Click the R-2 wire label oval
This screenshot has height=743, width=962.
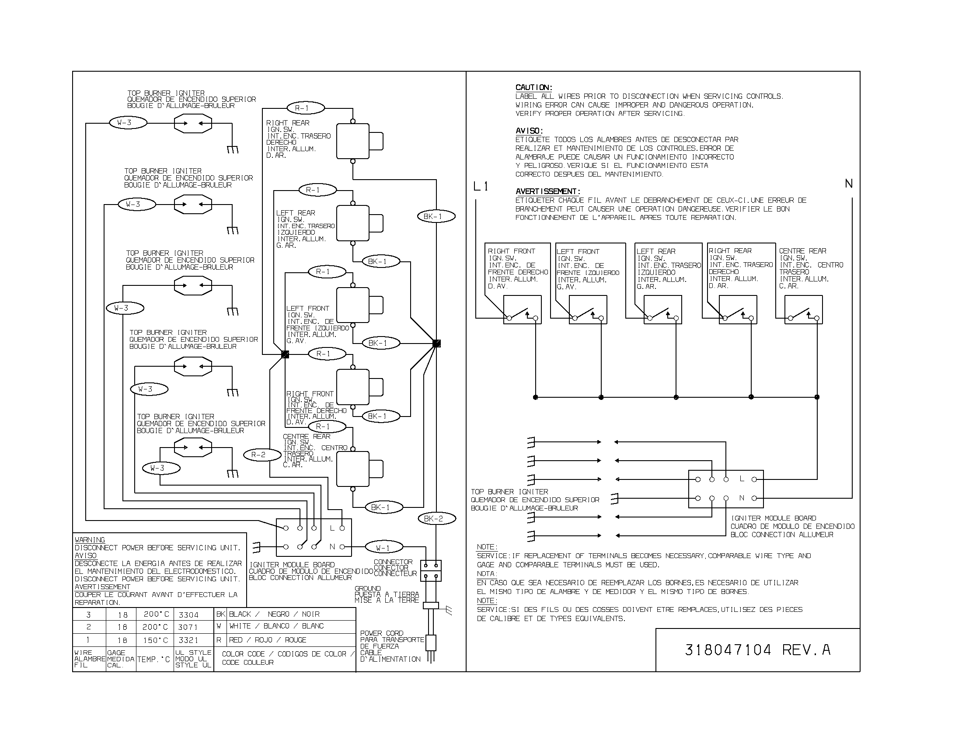click(262, 455)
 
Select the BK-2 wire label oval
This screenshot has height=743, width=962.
click(436, 518)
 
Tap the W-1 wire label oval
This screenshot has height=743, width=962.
click(383, 548)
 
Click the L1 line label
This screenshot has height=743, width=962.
click(481, 187)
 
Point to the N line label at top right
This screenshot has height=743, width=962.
click(849, 184)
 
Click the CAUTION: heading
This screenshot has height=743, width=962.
click(534, 87)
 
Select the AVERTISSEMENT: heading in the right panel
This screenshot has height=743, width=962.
click(548, 191)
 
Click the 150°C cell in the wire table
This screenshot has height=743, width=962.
click(155, 640)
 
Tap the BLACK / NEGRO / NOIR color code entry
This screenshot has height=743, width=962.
click(274, 614)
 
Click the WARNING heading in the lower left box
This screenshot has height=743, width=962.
click(90, 540)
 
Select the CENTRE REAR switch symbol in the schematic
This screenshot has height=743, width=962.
click(803, 310)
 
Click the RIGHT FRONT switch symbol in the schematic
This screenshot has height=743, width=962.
click(523, 310)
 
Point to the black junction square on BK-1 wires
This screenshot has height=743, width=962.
click(436, 344)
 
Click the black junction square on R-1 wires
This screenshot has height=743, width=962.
click(285, 354)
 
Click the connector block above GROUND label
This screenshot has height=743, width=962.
click(431, 570)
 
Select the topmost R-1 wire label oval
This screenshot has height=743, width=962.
click(306, 108)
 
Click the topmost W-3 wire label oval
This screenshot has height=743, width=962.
click(128, 123)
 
